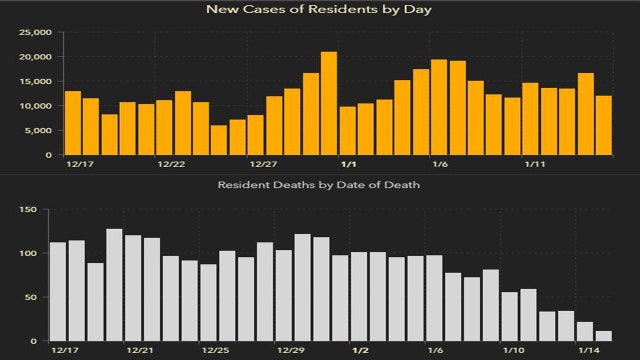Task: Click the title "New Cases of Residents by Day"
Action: [x=320, y=9]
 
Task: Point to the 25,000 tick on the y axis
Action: [x=34, y=32]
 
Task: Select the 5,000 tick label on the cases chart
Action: [x=37, y=131]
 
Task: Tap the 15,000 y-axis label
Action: [x=34, y=81]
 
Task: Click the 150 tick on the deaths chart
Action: [x=28, y=210]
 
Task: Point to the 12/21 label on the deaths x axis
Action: [x=140, y=351]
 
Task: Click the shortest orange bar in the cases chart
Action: [x=219, y=141]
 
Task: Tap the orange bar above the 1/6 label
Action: [x=439, y=108]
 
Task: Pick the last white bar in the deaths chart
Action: [x=604, y=337]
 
